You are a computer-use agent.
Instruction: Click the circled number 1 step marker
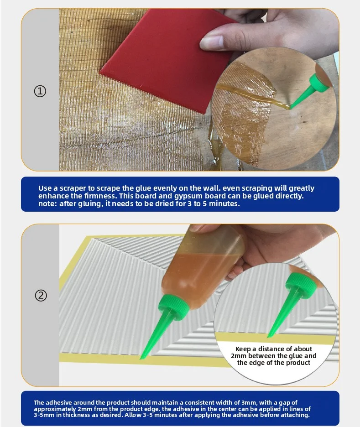click(x=40, y=91)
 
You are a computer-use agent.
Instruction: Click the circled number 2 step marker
click(x=41, y=296)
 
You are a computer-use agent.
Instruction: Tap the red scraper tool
click(x=163, y=60)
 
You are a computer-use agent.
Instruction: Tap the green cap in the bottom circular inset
click(x=299, y=285)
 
